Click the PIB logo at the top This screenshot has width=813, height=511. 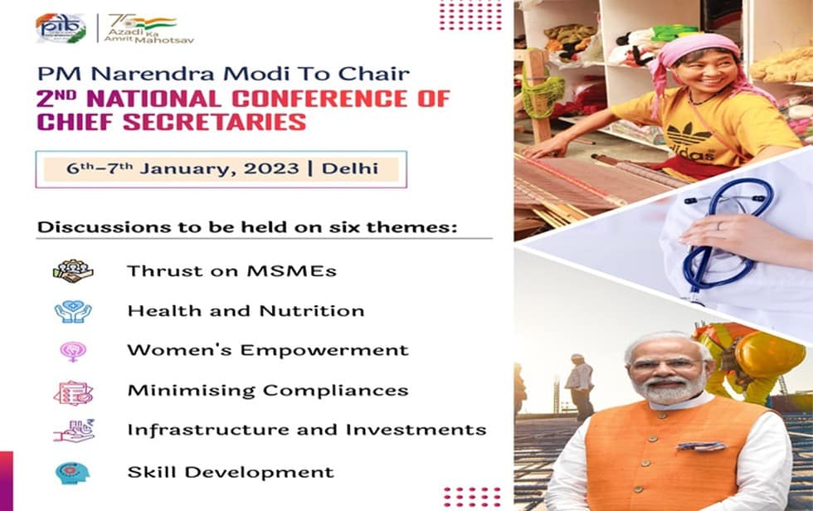(61, 28)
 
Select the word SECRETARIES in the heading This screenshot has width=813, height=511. (213, 123)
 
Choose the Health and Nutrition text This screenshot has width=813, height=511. (246, 311)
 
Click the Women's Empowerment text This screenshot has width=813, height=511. (267, 350)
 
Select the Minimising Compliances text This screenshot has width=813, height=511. (267, 390)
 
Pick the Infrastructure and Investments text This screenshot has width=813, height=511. (306, 430)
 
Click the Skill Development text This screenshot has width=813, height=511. (231, 473)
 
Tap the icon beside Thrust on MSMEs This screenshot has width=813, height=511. (73, 270)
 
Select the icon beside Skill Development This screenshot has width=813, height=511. (73, 473)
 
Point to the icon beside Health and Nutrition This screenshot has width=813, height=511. (73, 311)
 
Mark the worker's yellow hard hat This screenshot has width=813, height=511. (768, 353)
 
